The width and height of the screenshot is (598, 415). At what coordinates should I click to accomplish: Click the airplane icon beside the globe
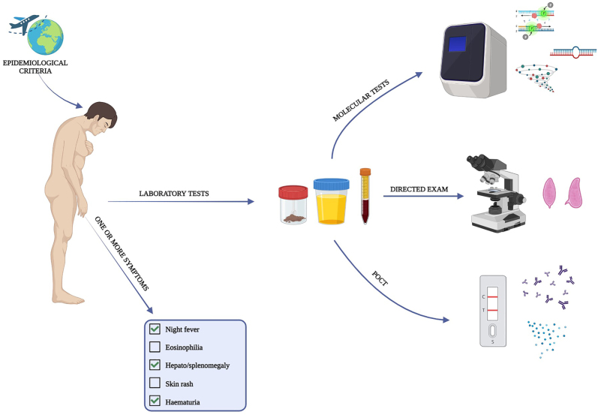point(24,24)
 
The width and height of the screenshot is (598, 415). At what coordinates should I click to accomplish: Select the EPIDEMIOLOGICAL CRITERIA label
point(35,67)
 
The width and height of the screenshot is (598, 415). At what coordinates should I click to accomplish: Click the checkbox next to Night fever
point(155,329)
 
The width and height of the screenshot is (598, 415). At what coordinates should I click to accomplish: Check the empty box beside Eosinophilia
point(155,347)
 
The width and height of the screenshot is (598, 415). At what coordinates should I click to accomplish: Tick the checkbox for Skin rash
point(155,383)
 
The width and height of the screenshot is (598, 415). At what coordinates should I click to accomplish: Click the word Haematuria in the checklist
point(182,402)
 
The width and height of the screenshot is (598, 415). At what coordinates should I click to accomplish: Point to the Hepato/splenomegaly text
point(197,365)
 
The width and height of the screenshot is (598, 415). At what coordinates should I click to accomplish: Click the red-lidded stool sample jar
point(293,205)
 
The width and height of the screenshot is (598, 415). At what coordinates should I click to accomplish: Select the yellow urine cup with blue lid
point(331,201)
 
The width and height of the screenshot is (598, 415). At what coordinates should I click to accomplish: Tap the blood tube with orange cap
point(365,196)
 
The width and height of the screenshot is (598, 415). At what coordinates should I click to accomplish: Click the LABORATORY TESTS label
point(174,194)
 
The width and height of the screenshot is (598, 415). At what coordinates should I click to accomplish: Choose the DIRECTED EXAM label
point(419,189)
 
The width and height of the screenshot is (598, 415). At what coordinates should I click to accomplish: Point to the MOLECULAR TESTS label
point(361,101)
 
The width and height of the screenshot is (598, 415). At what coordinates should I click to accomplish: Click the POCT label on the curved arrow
point(380,279)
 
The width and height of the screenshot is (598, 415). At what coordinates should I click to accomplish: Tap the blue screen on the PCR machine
point(457,44)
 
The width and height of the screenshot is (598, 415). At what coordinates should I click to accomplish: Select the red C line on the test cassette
point(492,296)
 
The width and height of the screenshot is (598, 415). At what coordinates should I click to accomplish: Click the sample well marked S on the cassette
point(492,331)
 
